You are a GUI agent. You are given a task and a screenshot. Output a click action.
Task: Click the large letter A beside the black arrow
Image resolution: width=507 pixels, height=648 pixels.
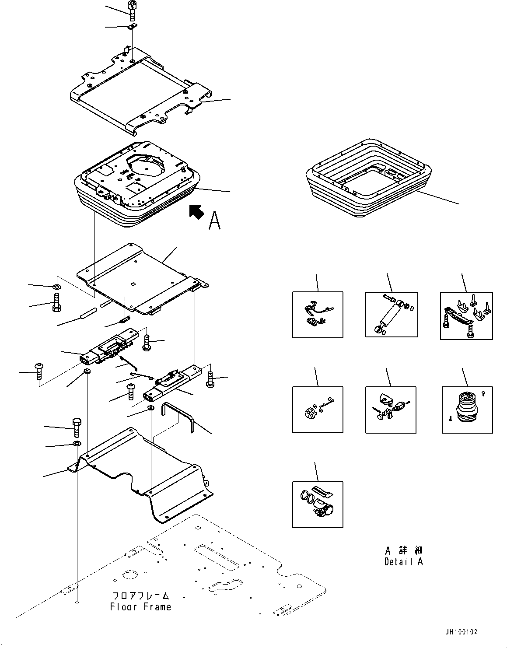[x=214, y=221]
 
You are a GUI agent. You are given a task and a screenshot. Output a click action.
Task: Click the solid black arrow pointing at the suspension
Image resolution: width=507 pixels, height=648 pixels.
[x=196, y=212]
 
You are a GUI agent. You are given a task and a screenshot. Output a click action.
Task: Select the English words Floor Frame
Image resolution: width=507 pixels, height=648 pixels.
[x=140, y=607]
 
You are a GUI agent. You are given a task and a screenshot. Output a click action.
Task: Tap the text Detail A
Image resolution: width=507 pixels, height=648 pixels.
[x=403, y=561]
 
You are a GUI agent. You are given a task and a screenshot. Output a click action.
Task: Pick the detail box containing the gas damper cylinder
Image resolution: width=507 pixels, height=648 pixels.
[x=392, y=315]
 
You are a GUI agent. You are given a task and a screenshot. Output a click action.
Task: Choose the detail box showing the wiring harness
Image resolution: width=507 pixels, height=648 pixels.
[x=318, y=315]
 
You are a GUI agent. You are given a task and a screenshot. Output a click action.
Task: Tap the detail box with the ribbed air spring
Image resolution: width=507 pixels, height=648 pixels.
[x=467, y=410]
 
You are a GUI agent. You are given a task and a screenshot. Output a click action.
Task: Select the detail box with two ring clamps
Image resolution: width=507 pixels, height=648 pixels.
[x=318, y=504]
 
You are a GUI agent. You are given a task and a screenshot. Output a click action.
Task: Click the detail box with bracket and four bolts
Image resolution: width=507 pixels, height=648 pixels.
[x=466, y=315]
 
